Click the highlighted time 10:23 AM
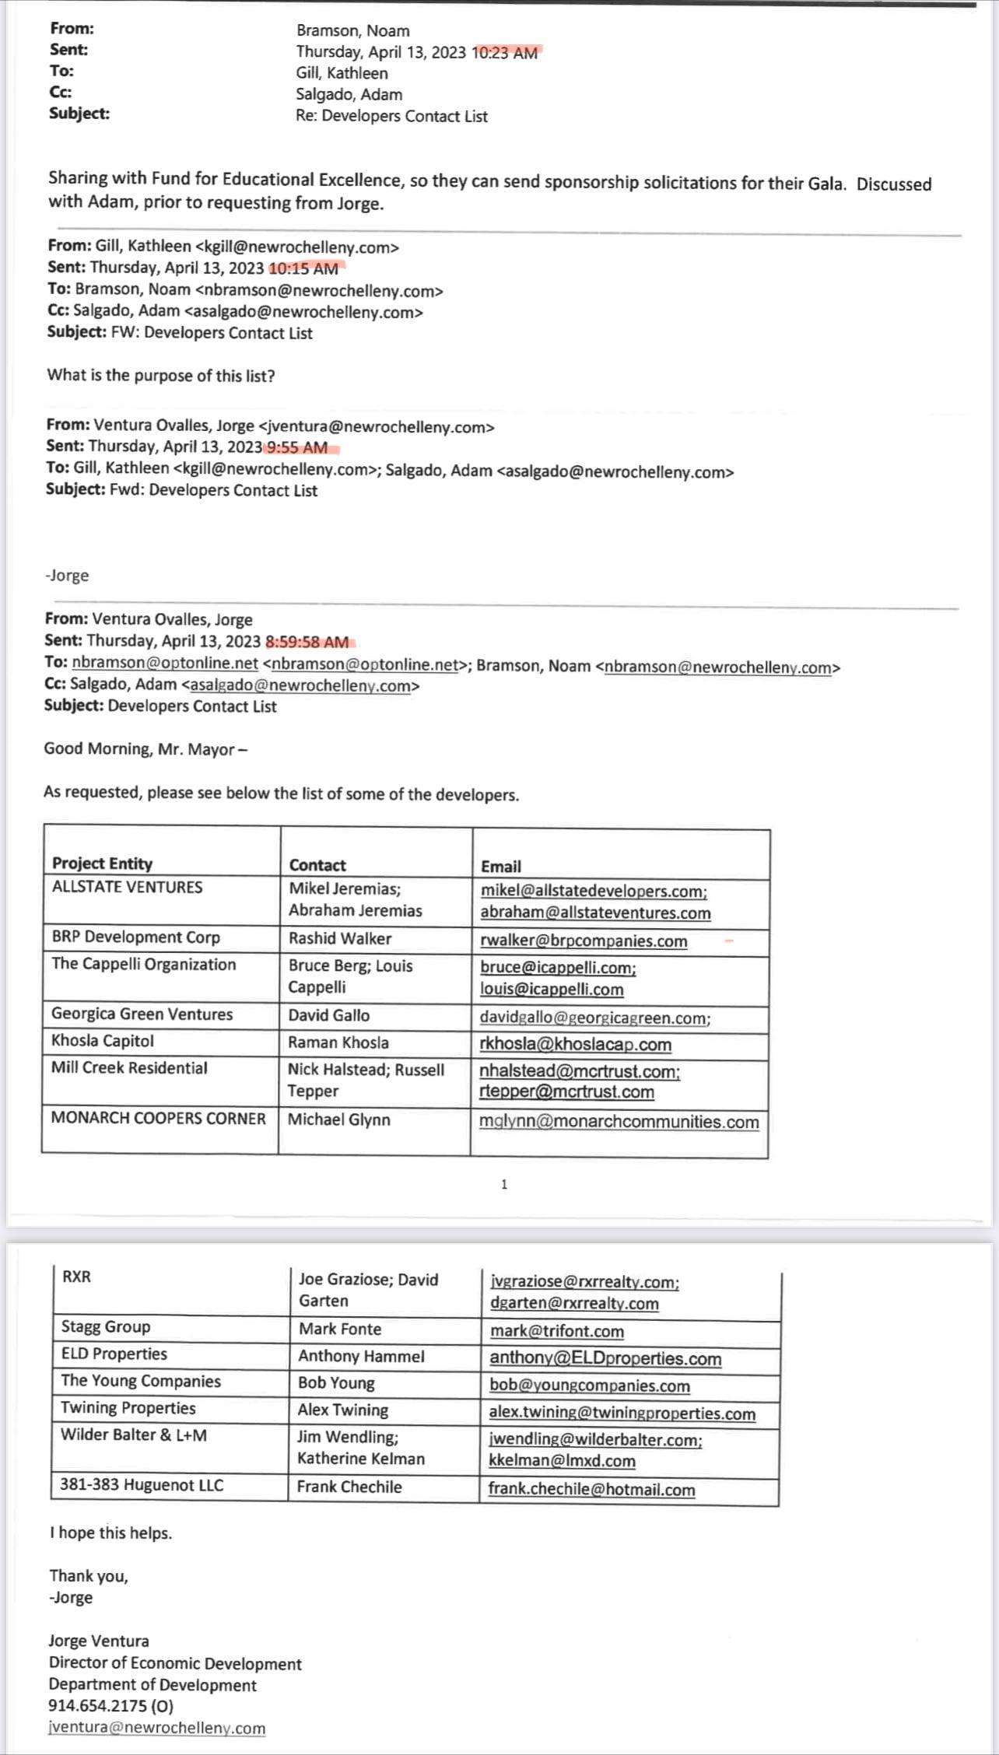506,53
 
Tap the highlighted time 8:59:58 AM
307,642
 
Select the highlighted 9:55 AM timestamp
297,447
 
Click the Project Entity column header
102,863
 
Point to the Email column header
501,866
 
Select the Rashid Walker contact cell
340,938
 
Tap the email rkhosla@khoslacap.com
575,1044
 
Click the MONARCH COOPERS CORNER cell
158,1118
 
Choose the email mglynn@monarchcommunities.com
619,1121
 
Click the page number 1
504,1184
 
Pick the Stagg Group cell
106,1326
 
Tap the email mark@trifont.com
556,1330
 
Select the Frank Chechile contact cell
349,1487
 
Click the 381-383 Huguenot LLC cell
142,1484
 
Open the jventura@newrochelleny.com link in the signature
156,1727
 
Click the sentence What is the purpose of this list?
161,375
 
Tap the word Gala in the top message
825,184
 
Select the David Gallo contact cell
329,1015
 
